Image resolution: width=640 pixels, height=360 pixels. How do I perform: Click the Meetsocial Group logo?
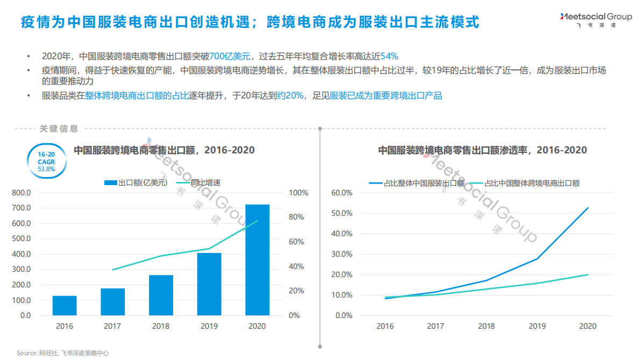pos(595,20)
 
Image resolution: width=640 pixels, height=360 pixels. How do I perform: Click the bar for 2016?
pos(65,306)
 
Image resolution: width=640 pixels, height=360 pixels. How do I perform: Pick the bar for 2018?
pos(161,295)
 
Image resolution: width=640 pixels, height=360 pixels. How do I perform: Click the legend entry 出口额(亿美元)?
pos(136,183)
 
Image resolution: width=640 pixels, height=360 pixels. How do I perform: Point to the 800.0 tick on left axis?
pos(22,193)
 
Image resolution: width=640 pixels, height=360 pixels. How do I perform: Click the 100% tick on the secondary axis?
pos(298,193)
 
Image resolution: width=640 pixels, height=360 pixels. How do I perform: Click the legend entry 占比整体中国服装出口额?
pos(417,183)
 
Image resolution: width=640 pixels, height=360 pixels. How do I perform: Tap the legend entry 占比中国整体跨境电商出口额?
pos(524,183)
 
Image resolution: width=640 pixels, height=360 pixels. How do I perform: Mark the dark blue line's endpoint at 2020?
pos(588,208)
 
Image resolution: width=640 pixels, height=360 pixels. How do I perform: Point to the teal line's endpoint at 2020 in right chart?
pos(588,274)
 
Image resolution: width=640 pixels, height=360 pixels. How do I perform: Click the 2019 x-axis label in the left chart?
pos(209,326)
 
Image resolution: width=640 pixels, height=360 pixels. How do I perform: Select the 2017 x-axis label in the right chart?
pos(436,326)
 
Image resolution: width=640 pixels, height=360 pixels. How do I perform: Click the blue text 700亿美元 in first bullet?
pos(230,56)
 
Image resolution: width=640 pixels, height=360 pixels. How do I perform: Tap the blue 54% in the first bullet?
pos(389,56)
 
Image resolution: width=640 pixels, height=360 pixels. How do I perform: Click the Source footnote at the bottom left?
pos(62,353)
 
